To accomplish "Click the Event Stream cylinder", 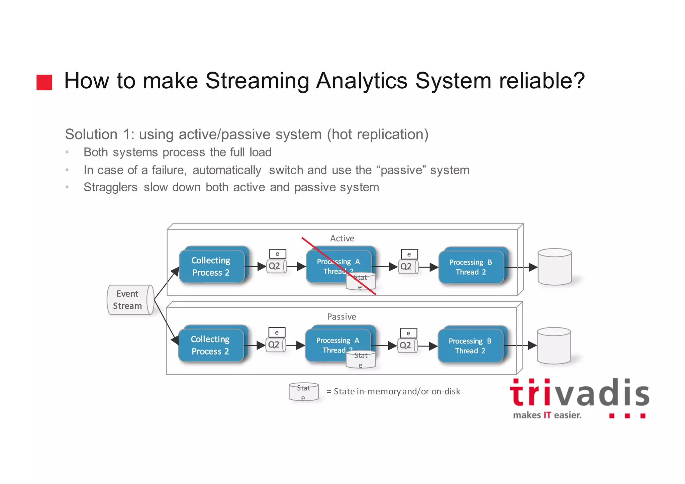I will click(130, 300).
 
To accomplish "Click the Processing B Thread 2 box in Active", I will click(471, 267).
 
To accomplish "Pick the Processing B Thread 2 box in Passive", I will click(470, 346).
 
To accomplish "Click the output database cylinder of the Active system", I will click(555, 267).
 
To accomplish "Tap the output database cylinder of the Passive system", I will click(554, 346).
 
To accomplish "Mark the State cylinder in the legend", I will click(304, 392).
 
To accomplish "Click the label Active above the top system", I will click(342, 238).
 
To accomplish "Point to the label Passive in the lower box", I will click(341, 317).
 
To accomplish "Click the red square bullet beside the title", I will click(44, 82).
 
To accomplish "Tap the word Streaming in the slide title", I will click(257, 81).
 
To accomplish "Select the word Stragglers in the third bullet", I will click(110, 187).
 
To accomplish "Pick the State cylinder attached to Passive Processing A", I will click(361, 360).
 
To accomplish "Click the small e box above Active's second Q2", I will click(409, 254).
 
